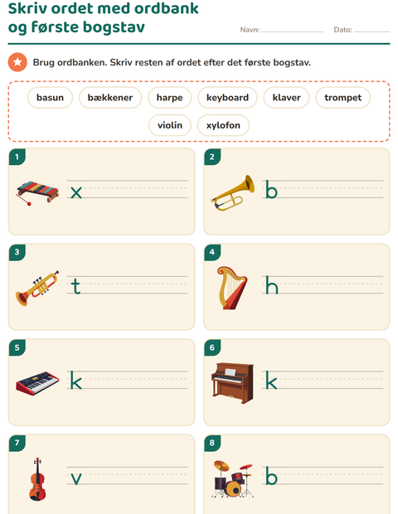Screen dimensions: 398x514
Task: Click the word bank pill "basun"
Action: coord(50,97)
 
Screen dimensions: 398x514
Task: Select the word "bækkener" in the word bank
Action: coord(110,97)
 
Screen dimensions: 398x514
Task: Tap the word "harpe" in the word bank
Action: coord(169,97)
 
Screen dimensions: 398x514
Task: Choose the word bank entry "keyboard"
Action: coord(227,97)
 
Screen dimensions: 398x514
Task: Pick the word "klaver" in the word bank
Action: coord(287,97)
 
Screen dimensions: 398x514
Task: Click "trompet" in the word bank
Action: coord(343,97)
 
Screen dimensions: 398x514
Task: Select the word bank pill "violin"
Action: coord(170,125)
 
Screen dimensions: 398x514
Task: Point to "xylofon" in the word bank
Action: coord(223,125)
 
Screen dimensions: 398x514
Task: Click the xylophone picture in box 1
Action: coord(37,192)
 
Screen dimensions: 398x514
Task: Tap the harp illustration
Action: coord(232,288)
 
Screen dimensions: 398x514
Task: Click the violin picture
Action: coord(37,479)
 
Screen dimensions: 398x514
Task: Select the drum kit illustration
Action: coord(233,479)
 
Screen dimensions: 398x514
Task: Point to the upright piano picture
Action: coord(233,383)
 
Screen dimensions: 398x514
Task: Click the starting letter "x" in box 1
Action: coord(76,192)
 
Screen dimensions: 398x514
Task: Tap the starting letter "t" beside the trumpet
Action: coord(75,286)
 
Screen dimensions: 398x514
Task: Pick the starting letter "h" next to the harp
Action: coord(272,285)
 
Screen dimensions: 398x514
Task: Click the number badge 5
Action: coord(17,347)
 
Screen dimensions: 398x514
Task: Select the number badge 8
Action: coord(212,443)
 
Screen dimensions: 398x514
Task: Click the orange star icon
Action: coord(17,62)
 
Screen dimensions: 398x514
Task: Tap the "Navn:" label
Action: coord(250,30)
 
